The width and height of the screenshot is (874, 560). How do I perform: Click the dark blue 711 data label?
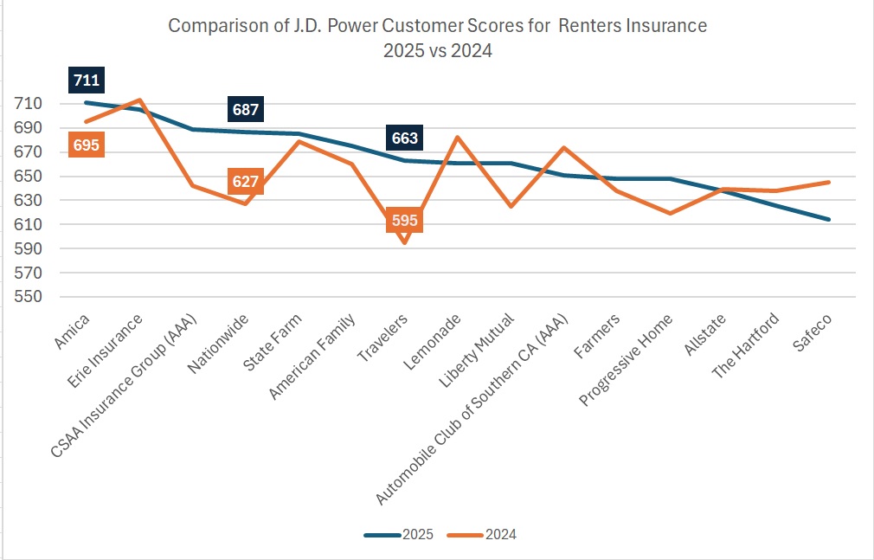[x=87, y=81]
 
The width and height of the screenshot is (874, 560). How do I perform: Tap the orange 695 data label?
[x=86, y=145]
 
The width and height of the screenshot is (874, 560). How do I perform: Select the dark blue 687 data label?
[x=246, y=109]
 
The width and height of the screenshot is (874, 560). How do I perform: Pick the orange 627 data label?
[x=246, y=182]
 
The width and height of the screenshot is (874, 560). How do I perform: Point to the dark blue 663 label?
[x=404, y=138]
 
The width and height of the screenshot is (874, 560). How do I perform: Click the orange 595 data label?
[x=404, y=221]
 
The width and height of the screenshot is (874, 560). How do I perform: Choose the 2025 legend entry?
[x=399, y=535]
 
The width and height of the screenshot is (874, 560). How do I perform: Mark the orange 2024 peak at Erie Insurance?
[x=140, y=100]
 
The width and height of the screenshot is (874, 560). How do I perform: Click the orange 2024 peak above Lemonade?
[x=457, y=138]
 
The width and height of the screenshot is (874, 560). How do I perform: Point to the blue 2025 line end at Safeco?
[x=829, y=219]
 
